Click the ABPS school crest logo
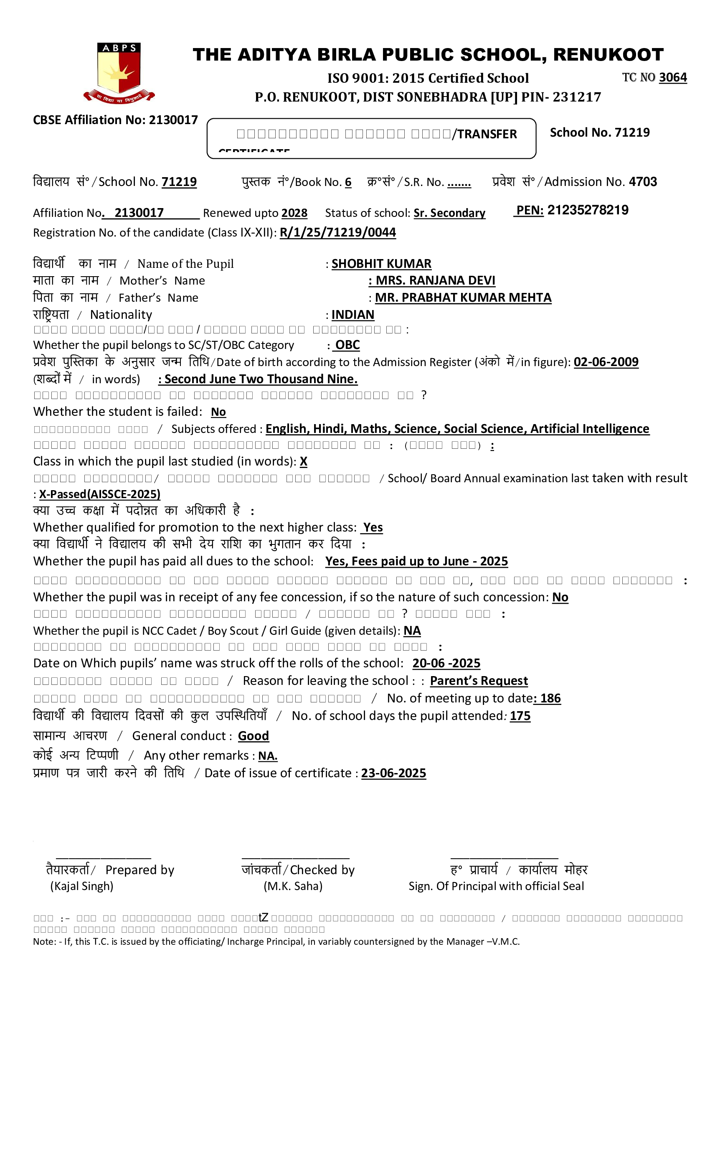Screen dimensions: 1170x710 pos(119,72)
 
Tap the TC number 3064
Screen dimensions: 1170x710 pos(672,77)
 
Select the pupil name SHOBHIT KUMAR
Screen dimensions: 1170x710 pos(381,264)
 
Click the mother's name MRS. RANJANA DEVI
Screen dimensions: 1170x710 pos(435,281)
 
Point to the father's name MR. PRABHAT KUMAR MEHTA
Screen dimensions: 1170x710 pos(463,298)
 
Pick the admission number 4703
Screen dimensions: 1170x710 pos(643,182)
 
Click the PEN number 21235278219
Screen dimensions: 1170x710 pos(588,210)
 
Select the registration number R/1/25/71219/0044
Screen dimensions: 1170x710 pos(337,233)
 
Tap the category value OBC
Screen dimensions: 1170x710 pos(347,345)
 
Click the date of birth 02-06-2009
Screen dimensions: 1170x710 pos(606,362)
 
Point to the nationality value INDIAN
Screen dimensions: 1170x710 pos(352,315)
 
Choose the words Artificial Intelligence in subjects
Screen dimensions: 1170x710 pos(589,429)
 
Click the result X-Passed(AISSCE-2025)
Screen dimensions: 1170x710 pos(100,494)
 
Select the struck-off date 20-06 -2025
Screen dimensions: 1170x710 pos(446,664)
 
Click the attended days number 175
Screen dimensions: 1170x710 pos(520,716)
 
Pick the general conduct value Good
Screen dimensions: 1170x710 pos(253,736)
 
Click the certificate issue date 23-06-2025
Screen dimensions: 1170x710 pos(393,773)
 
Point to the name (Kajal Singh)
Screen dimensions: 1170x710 pos(81,886)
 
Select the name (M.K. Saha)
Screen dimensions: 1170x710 pos(293,886)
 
